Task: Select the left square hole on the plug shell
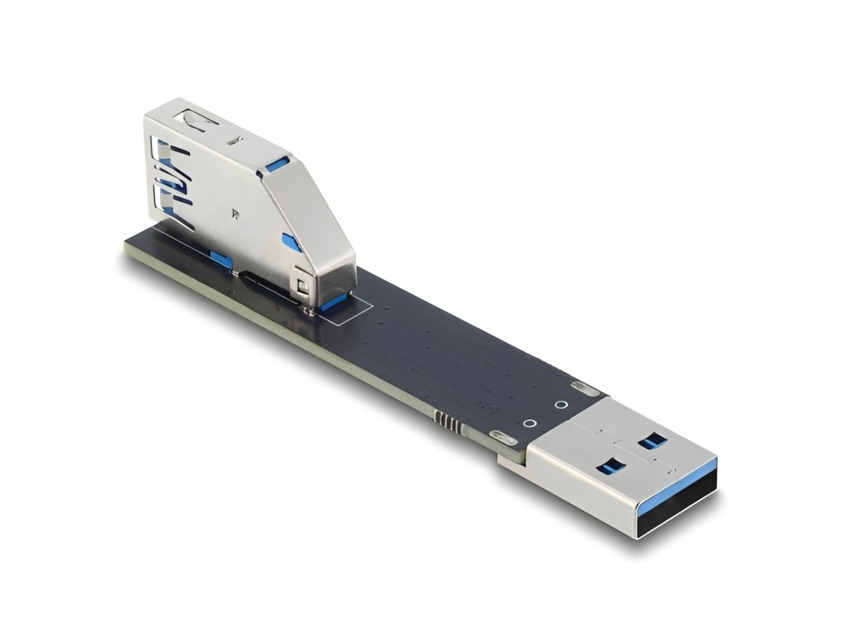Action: tap(609, 467)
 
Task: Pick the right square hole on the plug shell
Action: tap(653, 440)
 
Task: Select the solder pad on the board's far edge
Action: tap(581, 387)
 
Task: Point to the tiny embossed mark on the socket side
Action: tap(235, 212)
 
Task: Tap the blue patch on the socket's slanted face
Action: tap(291, 241)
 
